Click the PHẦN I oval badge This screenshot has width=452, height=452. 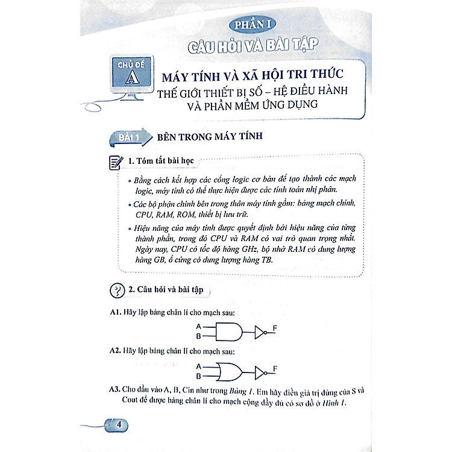(253, 25)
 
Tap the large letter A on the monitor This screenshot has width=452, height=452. (133, 77)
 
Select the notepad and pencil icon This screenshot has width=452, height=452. (116, 162)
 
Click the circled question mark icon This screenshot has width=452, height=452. (118, 290)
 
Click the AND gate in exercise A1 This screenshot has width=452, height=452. (229, 332)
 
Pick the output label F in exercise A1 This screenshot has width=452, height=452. (275, 328)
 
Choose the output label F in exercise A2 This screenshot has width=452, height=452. (275, 368)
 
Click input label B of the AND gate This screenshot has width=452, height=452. (198, 336)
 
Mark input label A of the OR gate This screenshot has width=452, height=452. (198, 366)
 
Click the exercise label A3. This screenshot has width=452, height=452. (114, 389)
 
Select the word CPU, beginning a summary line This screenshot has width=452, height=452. (143, 215)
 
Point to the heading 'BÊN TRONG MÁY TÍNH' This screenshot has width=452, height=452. (210, 136)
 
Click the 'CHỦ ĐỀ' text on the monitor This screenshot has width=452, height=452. (131, 64)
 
